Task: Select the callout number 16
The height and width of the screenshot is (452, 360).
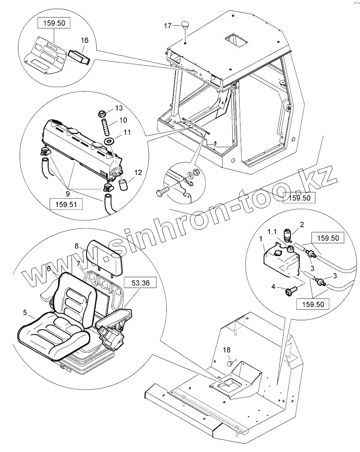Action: click(84, 40)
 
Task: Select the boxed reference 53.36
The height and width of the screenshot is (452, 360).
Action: click(140, 283)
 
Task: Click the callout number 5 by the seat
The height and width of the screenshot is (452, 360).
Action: click(25, 313)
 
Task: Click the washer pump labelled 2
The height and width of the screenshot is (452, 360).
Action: click(287, 235)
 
